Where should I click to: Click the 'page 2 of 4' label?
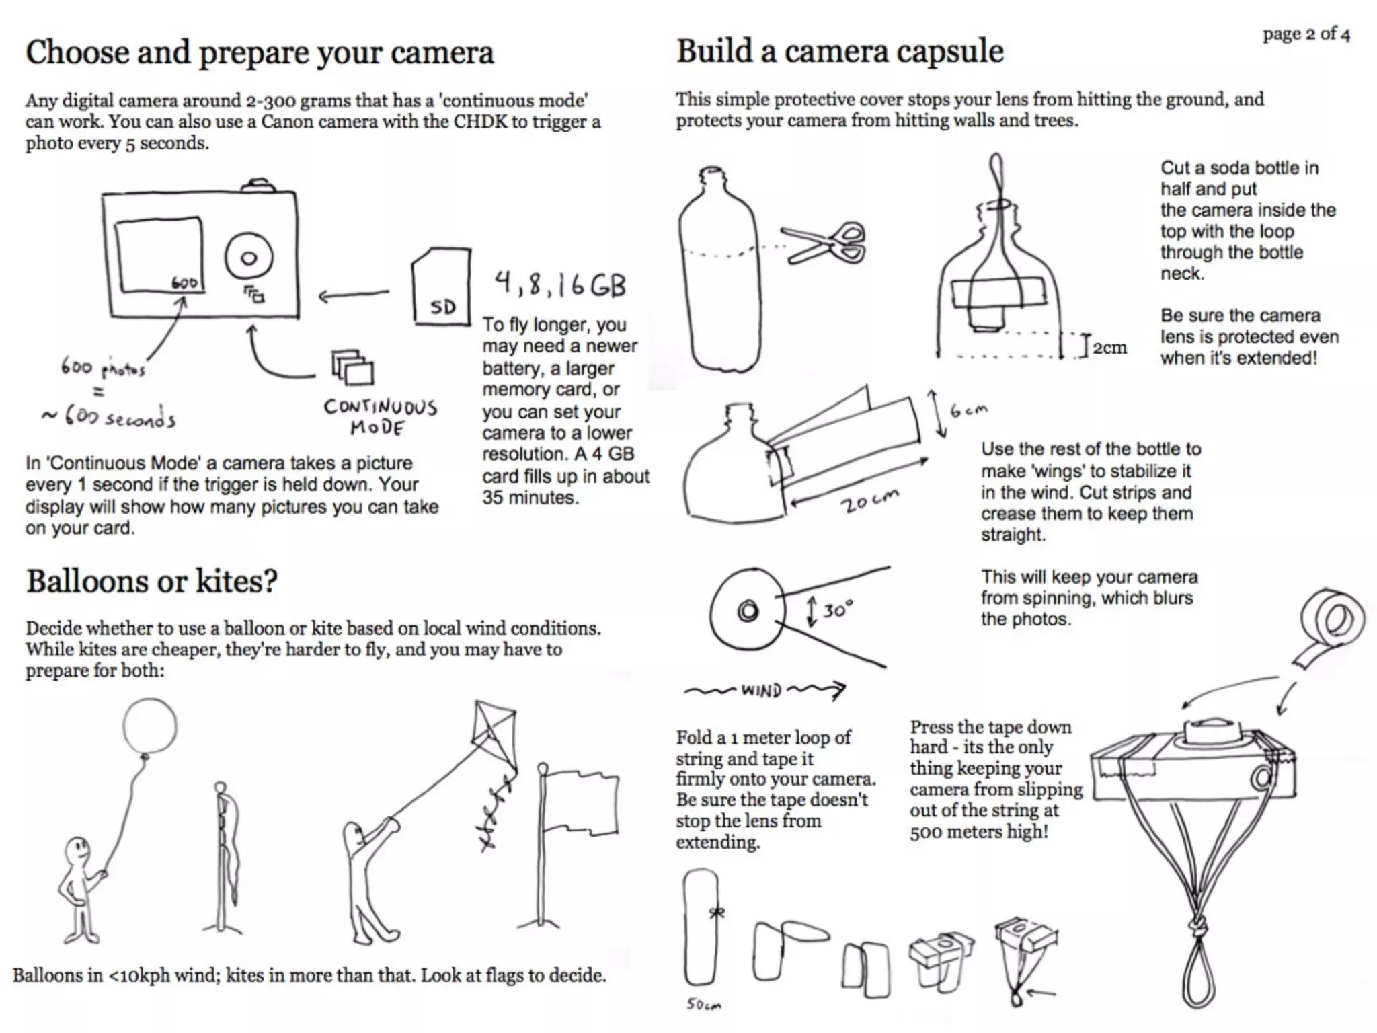tap(1306, 34)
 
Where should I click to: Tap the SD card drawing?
tap(441, 287)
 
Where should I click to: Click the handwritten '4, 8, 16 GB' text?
tap(560, 284)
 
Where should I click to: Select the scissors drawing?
tap(826, 243)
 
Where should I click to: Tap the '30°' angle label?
tap(838, 610)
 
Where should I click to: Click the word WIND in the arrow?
tap(761, 691)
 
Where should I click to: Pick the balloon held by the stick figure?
tap(149, 727)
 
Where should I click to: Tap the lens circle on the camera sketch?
tap(249, 258)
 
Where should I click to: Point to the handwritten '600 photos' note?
tap(103, 368)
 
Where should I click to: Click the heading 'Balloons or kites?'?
tap(152, 582)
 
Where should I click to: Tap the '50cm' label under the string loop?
tap(703, 1005)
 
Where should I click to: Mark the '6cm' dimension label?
tap(969, 410)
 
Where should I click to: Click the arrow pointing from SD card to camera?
tap(354, 295)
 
